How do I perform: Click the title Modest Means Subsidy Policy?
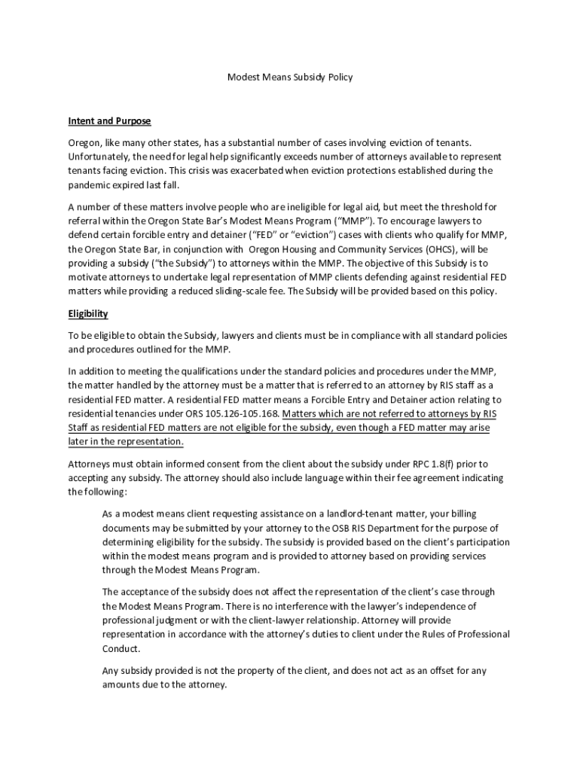click(x=290, y=77)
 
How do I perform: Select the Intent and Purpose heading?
click(x=109, y=120)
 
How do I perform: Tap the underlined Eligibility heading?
click(x=88, y=313)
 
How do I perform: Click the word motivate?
click(x=88, y=278)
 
